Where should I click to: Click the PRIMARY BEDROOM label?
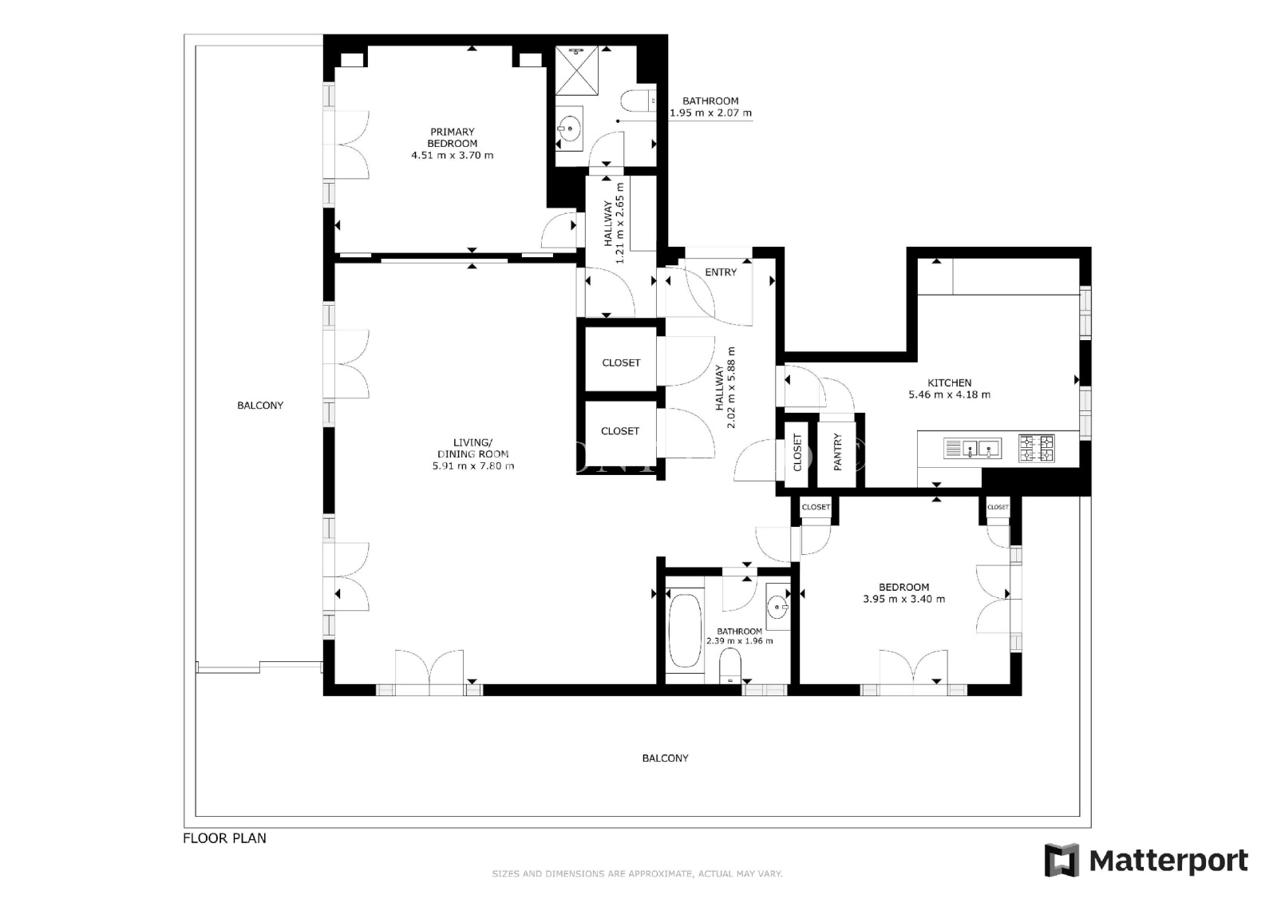click(452, 137)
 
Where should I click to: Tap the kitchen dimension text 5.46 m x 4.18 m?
click(949, 394)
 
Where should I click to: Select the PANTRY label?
click(837, 452)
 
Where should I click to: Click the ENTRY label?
click(721, 272)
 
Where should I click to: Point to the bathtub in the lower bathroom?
click(685, 631)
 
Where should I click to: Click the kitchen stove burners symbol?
click(1037, 449)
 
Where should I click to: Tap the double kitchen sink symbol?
click(973, 449)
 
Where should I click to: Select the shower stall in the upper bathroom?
click(576, 71)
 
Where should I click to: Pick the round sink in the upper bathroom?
click(568, 129)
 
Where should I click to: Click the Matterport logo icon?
click(1062, 860)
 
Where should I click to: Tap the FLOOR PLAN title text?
click(224, 838)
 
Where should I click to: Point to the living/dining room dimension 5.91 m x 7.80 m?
click(473, 466)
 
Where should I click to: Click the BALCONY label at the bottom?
click(666, 758)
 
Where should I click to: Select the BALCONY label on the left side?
click(260, 406)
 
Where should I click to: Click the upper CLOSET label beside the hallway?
click(621, 362)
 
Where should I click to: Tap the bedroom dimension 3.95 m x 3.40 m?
click(903, 599)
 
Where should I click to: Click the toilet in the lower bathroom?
click(729, 666)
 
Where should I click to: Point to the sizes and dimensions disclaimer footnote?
click(638, 874)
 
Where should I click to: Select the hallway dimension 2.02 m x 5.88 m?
click(731, 388)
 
